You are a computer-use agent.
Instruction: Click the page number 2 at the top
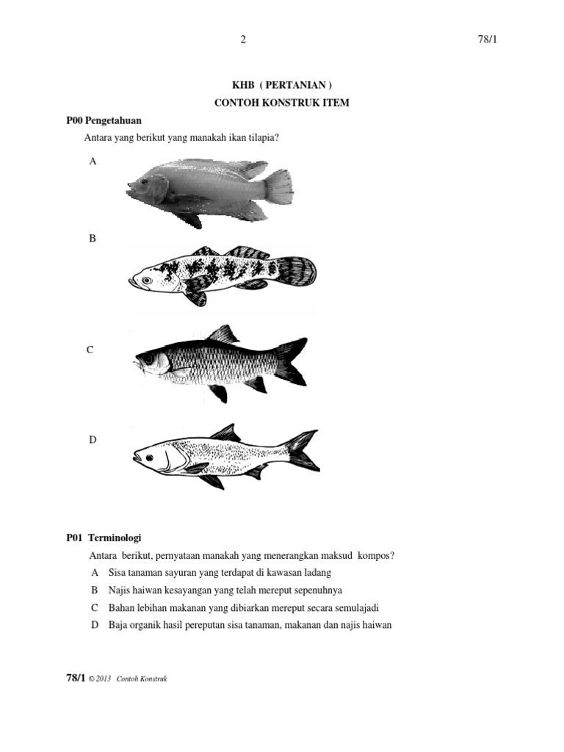point(243,40)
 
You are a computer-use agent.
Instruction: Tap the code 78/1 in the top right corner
point(488,40)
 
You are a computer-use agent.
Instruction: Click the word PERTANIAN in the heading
point(295,85)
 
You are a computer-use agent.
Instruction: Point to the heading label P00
point(74,120)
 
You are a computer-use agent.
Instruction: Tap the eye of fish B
point(146,280)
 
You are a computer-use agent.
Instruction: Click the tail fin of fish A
point(280,187)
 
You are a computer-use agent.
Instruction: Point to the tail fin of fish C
point(291,361)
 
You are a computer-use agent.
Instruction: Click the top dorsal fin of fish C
point(223,334)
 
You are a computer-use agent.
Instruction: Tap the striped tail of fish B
point(297,272)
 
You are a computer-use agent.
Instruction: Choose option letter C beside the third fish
point(90,350)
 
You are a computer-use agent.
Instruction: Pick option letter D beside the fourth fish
point(93,440)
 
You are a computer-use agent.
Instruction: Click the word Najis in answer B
point(119,590)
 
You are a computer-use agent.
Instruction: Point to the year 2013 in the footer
point(103,679)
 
